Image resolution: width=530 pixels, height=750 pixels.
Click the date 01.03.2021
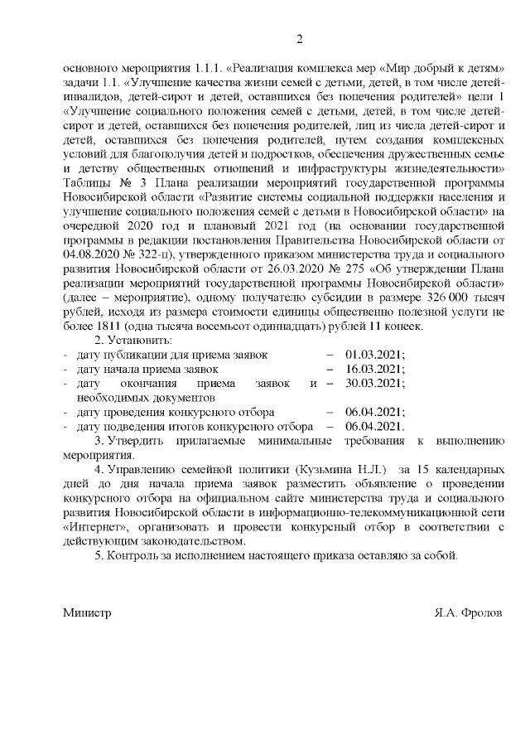point(375,354)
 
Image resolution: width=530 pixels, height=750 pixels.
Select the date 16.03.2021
point(375,369)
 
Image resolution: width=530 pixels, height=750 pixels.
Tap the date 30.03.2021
point(375,383)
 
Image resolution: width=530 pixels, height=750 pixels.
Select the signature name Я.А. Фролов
point(469,613)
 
